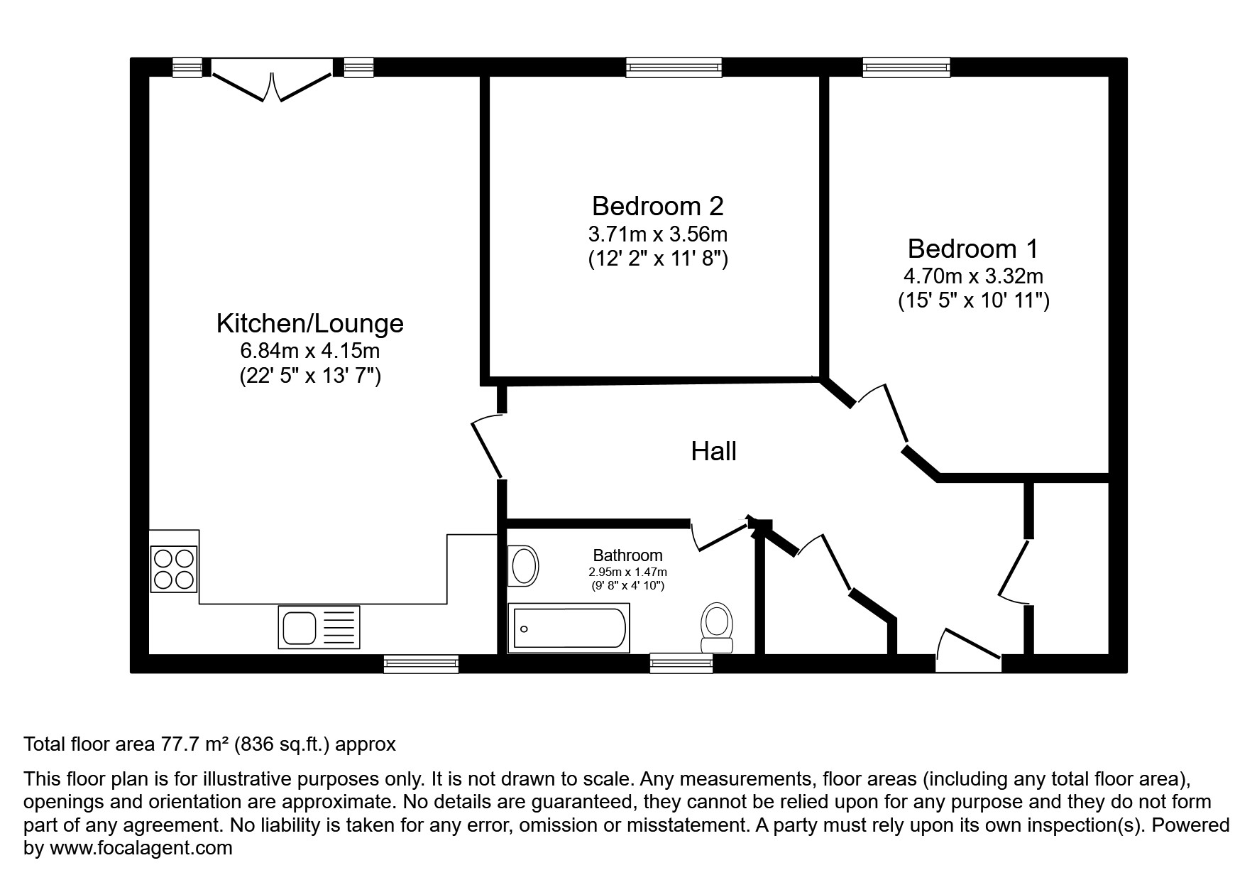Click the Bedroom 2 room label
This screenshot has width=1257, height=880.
click(x=657, y=206)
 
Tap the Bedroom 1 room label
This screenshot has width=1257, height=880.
click(x=972, y=249)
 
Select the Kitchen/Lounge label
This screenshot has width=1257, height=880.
click(x=309, y=323)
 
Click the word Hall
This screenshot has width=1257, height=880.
click(x=713, y=451)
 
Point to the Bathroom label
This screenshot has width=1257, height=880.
click(x=627, y=555)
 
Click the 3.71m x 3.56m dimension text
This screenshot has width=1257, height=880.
click(x=657, y=233)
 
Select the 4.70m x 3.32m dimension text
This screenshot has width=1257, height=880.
click(x=972, y=276)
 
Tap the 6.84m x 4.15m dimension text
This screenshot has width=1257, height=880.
click(x=309, y=350)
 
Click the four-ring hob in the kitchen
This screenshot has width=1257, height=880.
click(x=174, y=568)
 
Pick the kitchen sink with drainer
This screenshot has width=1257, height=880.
click(x=319, y=626)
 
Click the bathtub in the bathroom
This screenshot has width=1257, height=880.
click(x=569, y=628)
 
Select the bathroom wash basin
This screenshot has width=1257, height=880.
click(x=524, y=566)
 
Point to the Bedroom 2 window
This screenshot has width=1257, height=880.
click(x=674, y=67)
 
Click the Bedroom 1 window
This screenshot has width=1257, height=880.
click(x=906, y=67)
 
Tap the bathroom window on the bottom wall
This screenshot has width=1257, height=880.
click(x=681, y=663)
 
